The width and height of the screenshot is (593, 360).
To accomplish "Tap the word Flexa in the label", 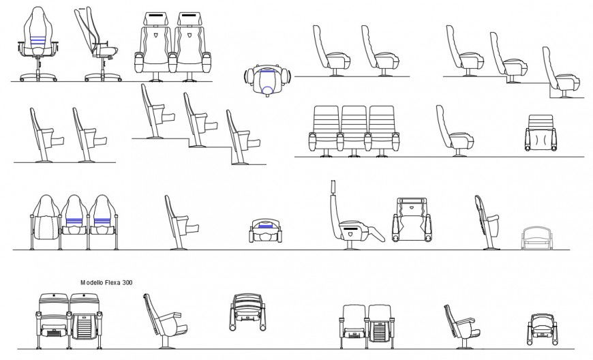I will tap(114, 282).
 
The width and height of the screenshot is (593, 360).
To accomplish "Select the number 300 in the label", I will tap(127, 282).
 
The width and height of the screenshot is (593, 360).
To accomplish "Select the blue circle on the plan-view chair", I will tap(267, 70).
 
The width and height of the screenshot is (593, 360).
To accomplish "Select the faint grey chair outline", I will tap(539, 238).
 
